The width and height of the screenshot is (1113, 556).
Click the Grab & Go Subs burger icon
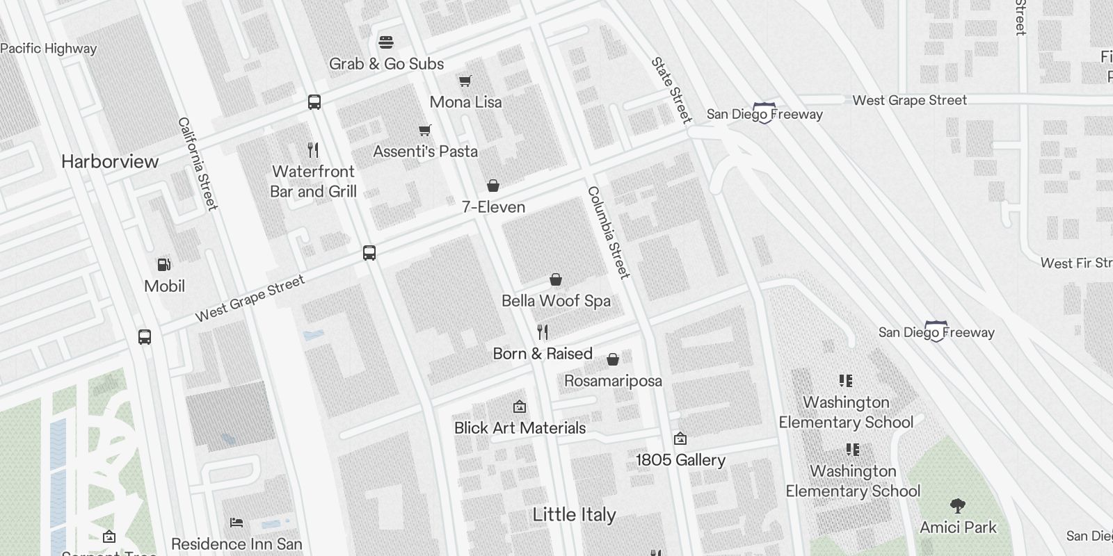(x=386, y=42)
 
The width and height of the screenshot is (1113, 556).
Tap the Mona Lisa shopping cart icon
(x=465, y=81)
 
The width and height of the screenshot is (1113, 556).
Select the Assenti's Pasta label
(x=425, y=152)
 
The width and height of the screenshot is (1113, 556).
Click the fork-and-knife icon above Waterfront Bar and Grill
(x=313, y=149)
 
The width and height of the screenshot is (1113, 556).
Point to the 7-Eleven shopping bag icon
(x=493, y=186)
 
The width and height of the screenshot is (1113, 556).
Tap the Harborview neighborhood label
(x=110, y=161)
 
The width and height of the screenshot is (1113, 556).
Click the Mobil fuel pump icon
(x=164, y=265)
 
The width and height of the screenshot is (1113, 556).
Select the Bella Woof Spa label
(x=556, y=301)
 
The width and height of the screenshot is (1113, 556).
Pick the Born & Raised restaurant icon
(x=543, y=332)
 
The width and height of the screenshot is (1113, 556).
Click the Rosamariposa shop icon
(x=613, y=359)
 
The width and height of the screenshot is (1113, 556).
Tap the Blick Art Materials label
(x=520, y=428)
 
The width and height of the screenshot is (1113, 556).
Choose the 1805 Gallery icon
(x=680, y=439)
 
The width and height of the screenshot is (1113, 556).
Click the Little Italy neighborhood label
(x=574, y=515)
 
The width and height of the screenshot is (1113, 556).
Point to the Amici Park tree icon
(x=958, y=505)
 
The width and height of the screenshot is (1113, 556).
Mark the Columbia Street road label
(x=609, y=232)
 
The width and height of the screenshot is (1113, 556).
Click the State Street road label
(x=672, y=90)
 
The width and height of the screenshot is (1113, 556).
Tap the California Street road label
(x=198, y=163)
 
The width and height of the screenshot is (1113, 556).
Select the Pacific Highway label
(x=49, y=49)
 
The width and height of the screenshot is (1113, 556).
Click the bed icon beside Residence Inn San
(x=237, y=523)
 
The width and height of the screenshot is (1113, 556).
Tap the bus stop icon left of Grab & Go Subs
(x=314, y=102)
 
